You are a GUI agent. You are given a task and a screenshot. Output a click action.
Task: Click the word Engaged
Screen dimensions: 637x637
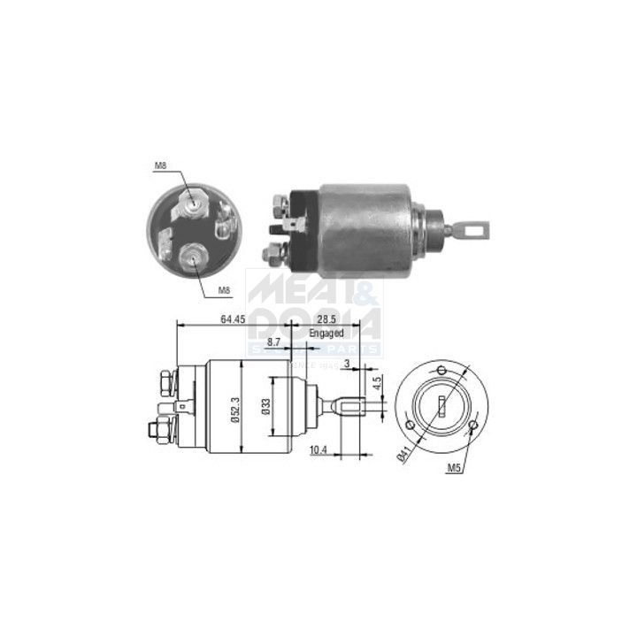[x=326, y=334]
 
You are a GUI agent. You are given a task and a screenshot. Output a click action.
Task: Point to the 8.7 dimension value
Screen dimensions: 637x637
[x=273, y=341]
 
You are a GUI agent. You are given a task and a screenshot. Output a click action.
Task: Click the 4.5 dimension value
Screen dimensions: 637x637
[x=376, y=383]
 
